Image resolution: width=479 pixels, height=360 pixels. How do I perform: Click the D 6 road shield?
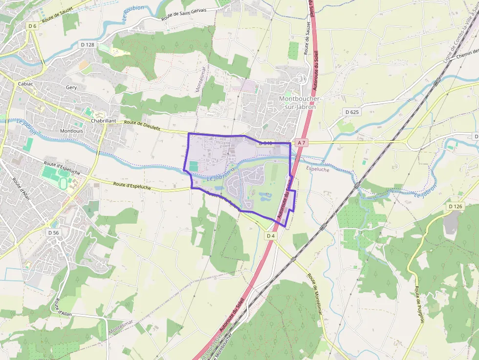[32, 26]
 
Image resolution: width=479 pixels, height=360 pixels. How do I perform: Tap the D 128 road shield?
[87, 44]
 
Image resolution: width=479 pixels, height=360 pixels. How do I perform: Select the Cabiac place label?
[25, 84]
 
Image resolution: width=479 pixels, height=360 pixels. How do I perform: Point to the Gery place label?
[71, 87]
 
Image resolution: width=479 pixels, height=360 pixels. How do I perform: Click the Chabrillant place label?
[103, 121]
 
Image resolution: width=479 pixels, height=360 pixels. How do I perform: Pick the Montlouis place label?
[71, 131]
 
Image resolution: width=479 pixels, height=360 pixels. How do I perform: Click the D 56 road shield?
[53, 233]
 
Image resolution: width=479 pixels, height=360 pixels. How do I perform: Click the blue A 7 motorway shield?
[301, 143]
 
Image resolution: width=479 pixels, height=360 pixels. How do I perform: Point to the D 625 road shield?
[352, 112]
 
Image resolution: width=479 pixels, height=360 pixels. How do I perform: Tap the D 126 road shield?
[455, 207]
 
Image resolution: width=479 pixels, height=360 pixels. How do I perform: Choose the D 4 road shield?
[271, 236]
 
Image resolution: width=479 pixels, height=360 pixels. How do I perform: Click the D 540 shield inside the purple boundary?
[265, 143]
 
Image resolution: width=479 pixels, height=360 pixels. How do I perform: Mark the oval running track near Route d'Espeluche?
[63, 184]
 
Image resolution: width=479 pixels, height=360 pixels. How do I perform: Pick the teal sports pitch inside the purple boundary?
[194, 166]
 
